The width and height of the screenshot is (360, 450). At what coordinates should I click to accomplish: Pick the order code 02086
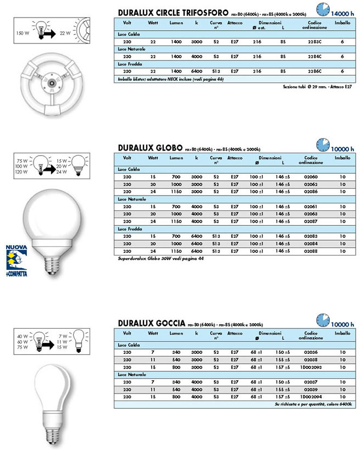coord(311,192)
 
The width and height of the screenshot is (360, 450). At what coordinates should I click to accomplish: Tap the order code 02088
coord(311,251)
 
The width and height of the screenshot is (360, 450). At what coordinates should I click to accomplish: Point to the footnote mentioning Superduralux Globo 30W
coord(160,258)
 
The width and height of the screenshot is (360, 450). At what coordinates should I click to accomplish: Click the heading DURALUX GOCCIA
coord(153,324)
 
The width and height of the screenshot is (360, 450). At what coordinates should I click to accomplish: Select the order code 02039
coord(311,388)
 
